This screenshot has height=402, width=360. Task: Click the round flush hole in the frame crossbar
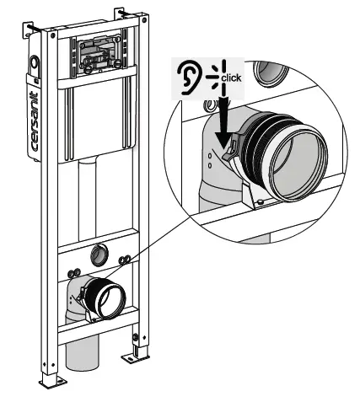click(x=101, y=251)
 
